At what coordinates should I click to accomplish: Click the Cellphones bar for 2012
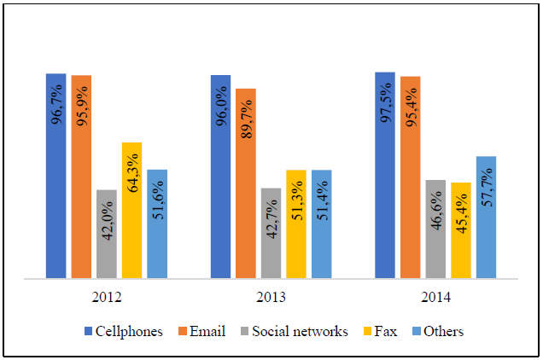tap(56, 175)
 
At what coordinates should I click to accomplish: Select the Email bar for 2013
tap(246, 183)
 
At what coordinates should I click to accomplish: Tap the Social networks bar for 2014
tap(435, 229)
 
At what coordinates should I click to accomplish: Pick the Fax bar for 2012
tap(131, 210)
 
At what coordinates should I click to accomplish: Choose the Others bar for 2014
tap(486, 217)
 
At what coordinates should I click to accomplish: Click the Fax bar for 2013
tap(296, 224)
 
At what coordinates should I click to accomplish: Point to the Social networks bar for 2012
tap(107, 233)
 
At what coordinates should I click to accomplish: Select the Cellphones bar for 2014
tap(385, 175)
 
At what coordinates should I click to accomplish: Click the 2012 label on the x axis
tap(107, 298)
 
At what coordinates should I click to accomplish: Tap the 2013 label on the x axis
tap(271, 298)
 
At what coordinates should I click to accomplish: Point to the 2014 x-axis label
tap(435, 298)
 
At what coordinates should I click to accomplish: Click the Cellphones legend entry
tap(123, 331)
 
